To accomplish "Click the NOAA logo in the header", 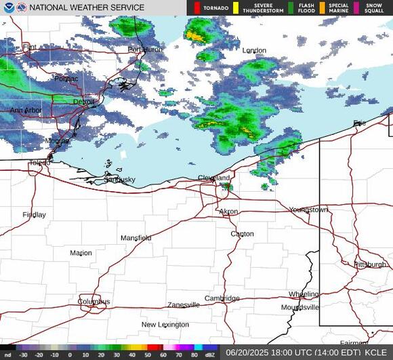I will point(7,7).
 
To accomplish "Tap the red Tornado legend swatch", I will point(196,8).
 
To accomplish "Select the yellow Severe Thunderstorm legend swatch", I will point(236,8).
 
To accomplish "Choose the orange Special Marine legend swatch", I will point(322,8).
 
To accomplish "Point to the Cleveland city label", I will point(214,178).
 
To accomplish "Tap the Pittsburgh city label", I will point(369,264).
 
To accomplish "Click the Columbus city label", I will point(94,302).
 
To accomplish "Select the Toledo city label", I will point(39,163).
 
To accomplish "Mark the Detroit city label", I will point(84,102).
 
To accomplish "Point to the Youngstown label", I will point(308,210).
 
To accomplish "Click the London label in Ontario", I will point(254,51).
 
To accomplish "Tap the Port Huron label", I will point(143,49).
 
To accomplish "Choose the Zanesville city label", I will point(184,305).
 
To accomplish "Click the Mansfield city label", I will point(136,238).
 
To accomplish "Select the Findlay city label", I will point(34,215).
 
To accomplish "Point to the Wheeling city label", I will point(303,294).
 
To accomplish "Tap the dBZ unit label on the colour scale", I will point(210,354).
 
